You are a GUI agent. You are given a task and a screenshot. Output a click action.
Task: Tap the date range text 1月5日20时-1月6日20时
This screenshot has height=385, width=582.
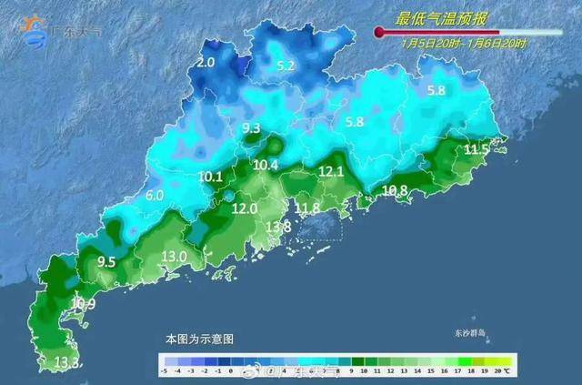coord(452,43)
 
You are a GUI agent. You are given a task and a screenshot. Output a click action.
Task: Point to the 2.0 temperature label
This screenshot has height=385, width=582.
coord(205,63)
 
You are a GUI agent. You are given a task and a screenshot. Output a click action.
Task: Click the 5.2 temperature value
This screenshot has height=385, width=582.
coord(286,66)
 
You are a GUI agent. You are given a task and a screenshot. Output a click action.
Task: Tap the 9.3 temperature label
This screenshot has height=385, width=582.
coord(251,128)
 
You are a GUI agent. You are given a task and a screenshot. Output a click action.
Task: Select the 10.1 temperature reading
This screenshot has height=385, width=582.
coord(210,177)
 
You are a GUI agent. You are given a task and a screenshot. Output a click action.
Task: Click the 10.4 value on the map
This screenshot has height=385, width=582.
coord(266,165)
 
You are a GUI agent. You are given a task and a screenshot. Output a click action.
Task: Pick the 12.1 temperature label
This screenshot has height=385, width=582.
coord(331,171)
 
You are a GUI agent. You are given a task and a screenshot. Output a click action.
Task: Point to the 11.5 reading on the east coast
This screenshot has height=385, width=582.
coord(477,149)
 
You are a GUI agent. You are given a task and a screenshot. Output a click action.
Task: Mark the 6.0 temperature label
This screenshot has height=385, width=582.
coord(155,195)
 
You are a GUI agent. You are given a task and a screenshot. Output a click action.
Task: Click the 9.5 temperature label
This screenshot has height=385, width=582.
coord(106,262)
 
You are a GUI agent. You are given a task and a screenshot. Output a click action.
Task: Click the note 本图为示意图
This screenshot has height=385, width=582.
coord(199,339)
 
